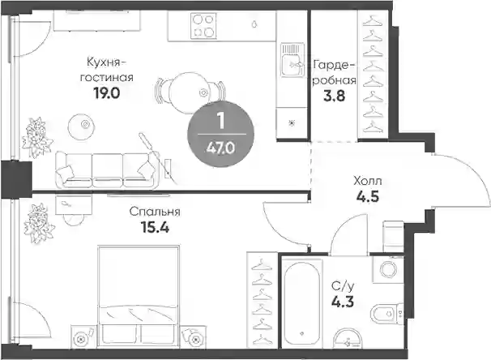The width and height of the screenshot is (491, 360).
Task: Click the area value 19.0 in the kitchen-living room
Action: pos(106,92)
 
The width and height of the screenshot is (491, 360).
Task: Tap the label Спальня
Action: pos(155,212)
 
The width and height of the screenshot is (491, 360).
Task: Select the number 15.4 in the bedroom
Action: pos(155,228)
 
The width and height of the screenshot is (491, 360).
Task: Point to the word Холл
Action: pos(368,181)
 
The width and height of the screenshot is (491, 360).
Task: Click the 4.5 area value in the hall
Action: pos(368,197)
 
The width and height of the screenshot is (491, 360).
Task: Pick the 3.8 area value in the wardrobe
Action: pos(334,96)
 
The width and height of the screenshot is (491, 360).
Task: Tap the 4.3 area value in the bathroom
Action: pos(343,302)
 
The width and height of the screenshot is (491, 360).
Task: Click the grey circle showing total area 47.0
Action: pos(220,134)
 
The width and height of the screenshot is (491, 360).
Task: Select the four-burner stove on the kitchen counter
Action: pos(203,26)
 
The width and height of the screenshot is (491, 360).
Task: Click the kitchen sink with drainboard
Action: pos(292,60)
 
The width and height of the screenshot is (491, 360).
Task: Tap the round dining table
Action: pos(189,92)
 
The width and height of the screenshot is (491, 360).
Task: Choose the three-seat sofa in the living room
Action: pos(107,170)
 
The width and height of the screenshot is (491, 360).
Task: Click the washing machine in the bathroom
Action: pos(388,269)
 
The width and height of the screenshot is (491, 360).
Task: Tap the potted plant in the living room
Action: pos(37,137)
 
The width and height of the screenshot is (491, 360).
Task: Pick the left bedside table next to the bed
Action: pos(82,337)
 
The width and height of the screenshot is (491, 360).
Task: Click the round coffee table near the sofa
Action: pos(81,125)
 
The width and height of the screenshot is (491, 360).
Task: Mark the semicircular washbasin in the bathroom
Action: pos(348,338)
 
